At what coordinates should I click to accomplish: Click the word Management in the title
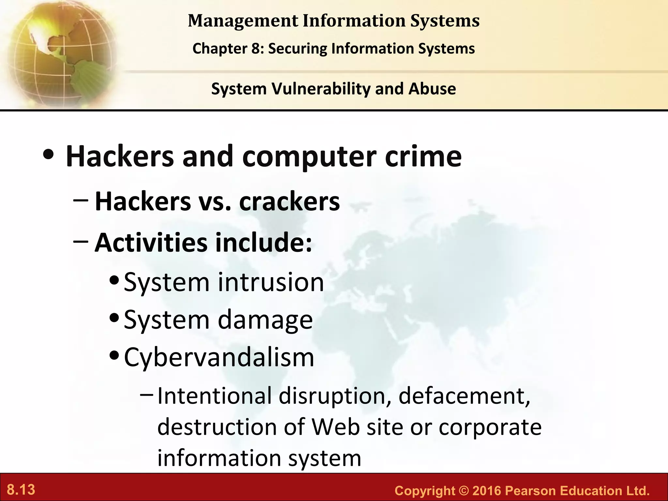coord(243,21)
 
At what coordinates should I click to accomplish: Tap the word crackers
coord(289,202)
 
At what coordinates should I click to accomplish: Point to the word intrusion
coord(271,282)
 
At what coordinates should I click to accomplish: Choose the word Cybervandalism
coord(219,357)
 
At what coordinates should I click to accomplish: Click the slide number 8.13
coord(21,490)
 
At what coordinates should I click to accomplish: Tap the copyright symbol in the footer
coord(463,491)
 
